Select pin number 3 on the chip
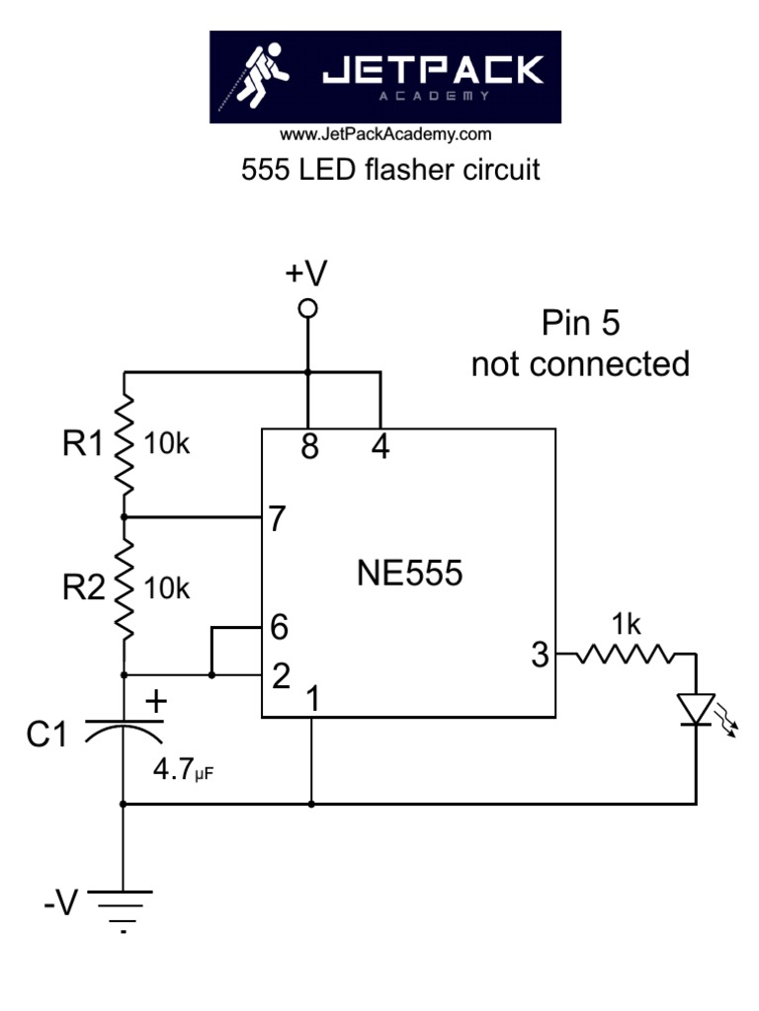point(540,656)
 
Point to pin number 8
point(309,448)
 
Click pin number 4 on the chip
point(379,448)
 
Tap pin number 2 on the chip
point(280,676)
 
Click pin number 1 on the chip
point(313,699)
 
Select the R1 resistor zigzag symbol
point(125,444)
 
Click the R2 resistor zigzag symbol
point(125,589)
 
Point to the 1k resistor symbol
point(625,654)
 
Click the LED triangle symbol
point(696,709)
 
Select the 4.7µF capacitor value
point(183,769)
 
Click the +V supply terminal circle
point(308,309)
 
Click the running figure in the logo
point(262,77)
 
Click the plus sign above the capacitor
point(156,701)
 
